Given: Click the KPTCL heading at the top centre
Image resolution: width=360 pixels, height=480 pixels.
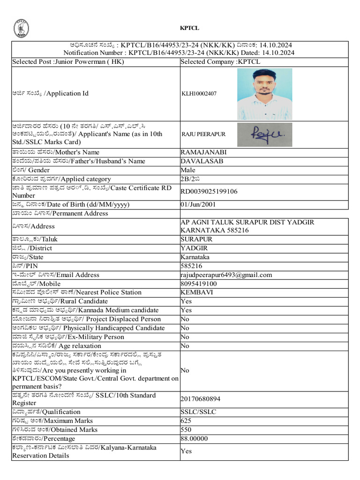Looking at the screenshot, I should point(189,28).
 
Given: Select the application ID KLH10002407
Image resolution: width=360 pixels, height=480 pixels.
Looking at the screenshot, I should point(199,94).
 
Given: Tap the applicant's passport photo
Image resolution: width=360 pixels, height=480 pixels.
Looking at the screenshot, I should point(264,94).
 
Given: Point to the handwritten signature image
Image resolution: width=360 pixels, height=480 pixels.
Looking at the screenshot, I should point(264,135).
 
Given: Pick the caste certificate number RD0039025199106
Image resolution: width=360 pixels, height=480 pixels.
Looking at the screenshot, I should point(209,191).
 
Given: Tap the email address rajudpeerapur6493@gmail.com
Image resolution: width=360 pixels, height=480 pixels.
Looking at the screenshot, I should point(226,275).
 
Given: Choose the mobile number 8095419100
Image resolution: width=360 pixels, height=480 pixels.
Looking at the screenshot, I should point(199,284).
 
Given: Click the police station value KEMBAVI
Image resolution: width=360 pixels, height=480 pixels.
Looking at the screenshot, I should point(195,292).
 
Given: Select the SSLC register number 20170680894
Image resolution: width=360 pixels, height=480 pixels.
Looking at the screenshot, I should point(200,399).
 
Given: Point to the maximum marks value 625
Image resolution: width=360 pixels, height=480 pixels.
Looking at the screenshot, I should point(186,421).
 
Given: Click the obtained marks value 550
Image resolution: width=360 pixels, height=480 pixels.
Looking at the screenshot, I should point(186,430).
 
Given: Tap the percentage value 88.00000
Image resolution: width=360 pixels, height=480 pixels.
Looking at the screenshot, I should point(194,439).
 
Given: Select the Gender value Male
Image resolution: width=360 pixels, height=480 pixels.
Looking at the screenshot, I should point(188,170).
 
